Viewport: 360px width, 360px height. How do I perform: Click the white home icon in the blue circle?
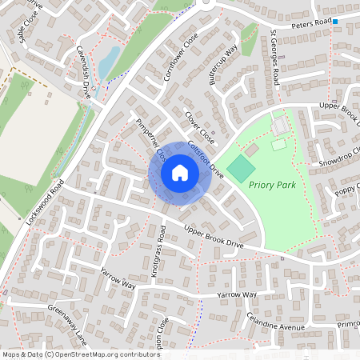coord(180,173)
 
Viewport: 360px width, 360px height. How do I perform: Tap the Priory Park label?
coord(273,185)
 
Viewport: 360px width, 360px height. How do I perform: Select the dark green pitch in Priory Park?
coord(241,169)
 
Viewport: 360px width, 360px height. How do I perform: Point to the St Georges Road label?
coord(274,58)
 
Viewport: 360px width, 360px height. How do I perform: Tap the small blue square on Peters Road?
coord(335,21)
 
